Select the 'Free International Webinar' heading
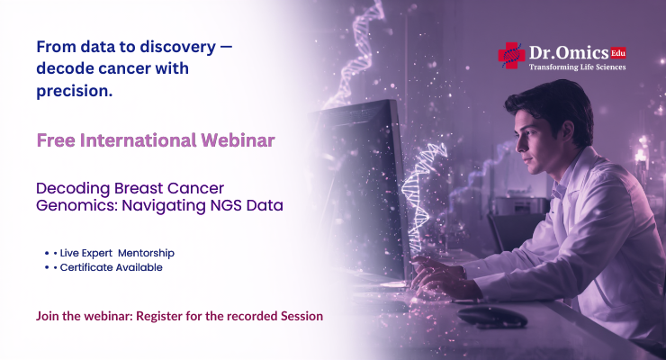(156, 141)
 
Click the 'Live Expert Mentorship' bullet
(117, 253)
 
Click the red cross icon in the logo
(511, 55)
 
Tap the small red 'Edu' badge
(617, 52)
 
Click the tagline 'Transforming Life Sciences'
(577, 67)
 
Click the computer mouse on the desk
(491, 316)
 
